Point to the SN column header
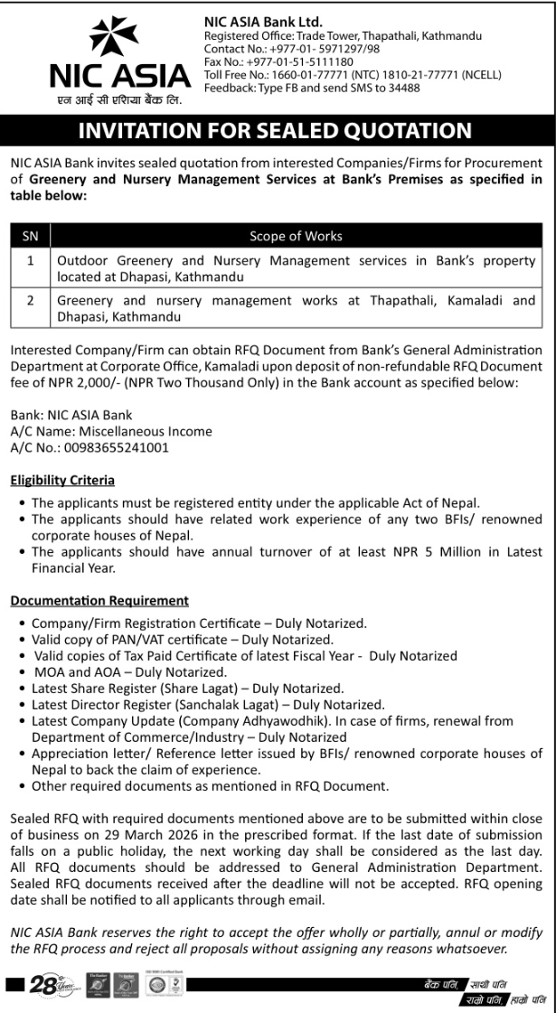(x=30, y=237)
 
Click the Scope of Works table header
(x=296, y=237)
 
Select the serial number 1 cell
(x=30, y=261)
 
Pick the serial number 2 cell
(x=30, y=300)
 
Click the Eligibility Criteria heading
(x=62, y=481)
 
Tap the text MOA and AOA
(x=79, y=672)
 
